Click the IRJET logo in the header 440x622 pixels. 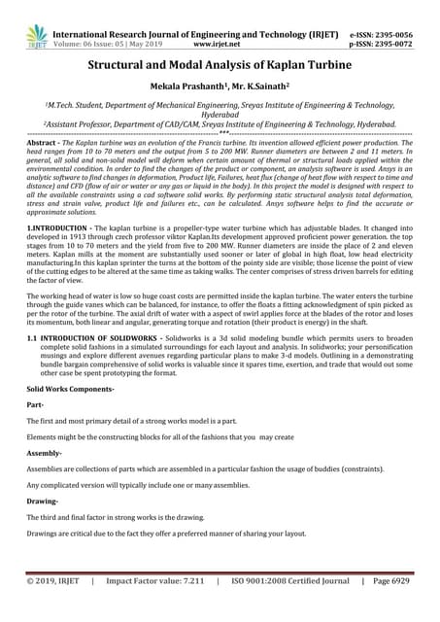(x=37, y=37)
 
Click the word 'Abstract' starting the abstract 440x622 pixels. (x=44, y=143)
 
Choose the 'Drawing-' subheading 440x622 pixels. (x=43, y=501)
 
